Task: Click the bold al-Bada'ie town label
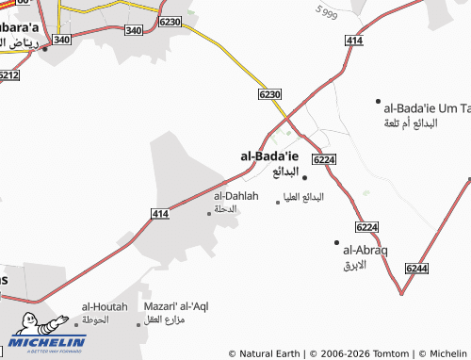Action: [x=269, y=155]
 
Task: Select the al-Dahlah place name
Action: [x=223, y=195]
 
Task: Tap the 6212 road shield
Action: [x=8, y=74]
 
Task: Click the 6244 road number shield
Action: [x=415, y=270]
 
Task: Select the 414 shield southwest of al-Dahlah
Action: [x=159, y=215]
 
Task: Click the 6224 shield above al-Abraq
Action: [x=367, y=227]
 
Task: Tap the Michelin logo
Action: [x=47, y=336]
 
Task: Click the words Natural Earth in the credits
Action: [x=270, y=353]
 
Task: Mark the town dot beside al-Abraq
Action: [x=336, y=242]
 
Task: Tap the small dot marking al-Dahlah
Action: [x=209, y=213]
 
